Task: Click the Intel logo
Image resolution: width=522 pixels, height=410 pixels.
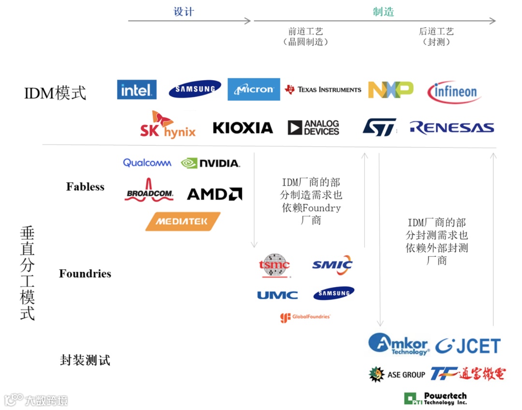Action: pyautogui.click(x=137, y=89)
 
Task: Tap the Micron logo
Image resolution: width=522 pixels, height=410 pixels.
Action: pyautogui.click(x=254, y=89)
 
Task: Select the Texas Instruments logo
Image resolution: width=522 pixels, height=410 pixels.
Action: pyautogui.click(x=323, y=89)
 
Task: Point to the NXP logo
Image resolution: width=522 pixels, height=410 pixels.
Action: pyautogui.click(x=391, y=89)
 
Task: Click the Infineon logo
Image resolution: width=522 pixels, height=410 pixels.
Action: pyautogui.click(x=454, y=92)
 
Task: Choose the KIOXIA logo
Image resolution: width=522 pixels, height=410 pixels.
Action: pyautogui.click(x=243, y=128)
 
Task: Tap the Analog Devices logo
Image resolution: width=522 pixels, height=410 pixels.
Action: pyautogui.click(x=314, y=128)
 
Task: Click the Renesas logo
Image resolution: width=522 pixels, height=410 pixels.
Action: pyautogui.click(x=452, y=128)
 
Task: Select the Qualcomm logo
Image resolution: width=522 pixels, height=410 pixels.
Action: pyautogui.click(x=147, y=163)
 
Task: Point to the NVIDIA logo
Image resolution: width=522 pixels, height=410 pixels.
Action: pyautogui.click(x=210, y=163)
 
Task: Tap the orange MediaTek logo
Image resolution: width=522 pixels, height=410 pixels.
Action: pyautogui.click(x=183, y=221)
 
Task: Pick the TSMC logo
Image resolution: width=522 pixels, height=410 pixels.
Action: pyautogui.click(x=274, y=265)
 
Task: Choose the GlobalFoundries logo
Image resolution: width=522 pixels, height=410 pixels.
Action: pyautogui.click(x=305, y=317)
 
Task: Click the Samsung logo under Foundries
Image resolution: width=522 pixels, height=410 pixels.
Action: pyautogui.click(x=333, y=293)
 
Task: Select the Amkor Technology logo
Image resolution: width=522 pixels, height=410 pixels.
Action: pyautogui.click(x=399, y=344)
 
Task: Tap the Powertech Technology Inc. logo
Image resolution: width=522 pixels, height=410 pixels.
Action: pyautogui.click(x=435, y=398)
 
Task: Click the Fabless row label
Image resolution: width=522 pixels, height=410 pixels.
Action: pyautogui.click(x=85, y=187)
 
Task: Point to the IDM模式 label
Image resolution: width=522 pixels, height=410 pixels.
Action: pyautogui.click(x=55, y=92)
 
